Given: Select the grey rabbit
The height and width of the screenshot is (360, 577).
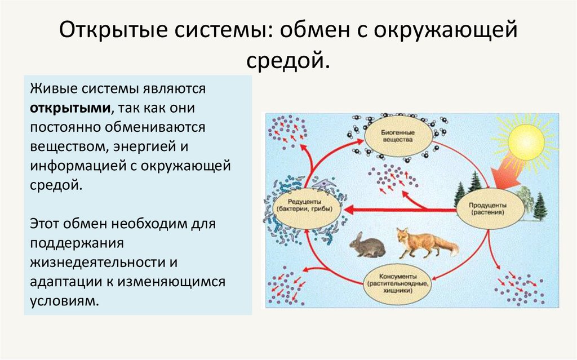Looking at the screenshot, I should tap(367, 245).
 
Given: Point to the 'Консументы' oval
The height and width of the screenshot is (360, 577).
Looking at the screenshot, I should tap(398, 280).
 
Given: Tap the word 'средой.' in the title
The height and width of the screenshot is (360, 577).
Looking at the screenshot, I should tap(287, 59).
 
